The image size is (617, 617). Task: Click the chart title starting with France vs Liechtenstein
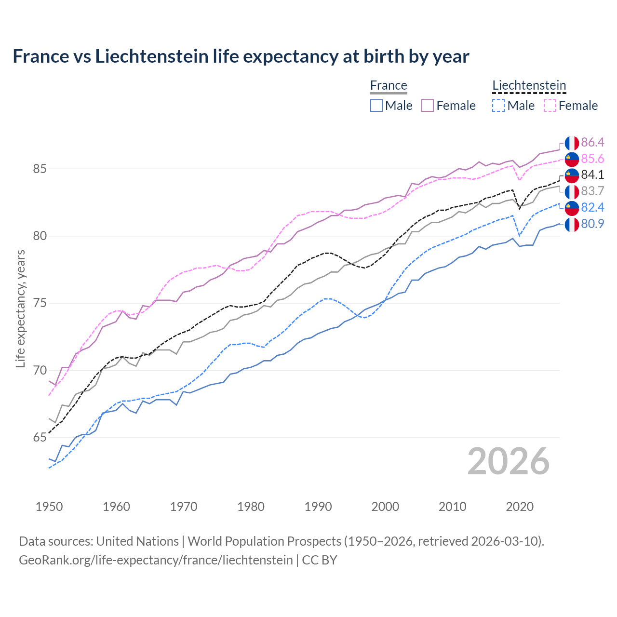(x=241, y=56)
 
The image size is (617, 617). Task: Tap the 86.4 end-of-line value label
(x=592, y=142)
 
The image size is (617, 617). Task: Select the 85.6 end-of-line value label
(x=592, y=159)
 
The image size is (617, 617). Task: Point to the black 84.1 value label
(x=592, y=174)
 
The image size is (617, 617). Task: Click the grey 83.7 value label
(x=592, y=191)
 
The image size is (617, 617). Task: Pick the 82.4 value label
(x=592, y=207)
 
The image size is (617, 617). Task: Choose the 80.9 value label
(x=592, y=224)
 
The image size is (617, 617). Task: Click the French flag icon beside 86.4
(x=572, y=143)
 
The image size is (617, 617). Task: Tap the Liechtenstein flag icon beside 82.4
(x=572, y=208)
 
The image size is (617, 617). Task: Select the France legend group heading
(x=389, y=85)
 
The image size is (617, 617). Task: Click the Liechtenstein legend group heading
(x=529, y=85)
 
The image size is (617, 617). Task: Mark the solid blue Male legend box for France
(x=376, y=106)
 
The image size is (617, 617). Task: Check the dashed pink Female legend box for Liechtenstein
(x=550, y=106)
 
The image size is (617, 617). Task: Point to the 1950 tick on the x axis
(x=49, y=507)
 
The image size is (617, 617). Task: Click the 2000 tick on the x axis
(x=385, y=507)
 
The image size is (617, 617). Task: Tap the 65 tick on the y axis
(x=40, y=438)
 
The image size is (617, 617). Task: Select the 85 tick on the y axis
(x=40, y=169)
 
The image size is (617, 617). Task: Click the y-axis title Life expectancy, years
(x=21, y=308)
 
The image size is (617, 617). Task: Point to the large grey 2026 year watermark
(x=508, y=461)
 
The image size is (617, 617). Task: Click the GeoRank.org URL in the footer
(x=156, y=560)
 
